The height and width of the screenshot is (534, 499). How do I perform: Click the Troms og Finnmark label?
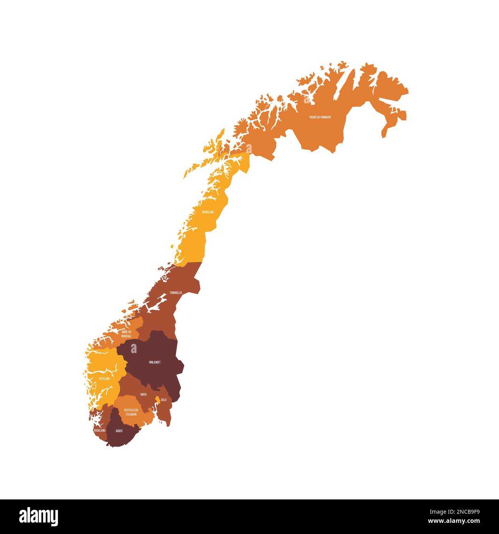pyautogui.click(x=320, y=117)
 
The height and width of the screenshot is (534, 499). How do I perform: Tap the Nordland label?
pyautogui.click(x=208, y=212)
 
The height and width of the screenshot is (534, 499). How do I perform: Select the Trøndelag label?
pyautogui.click(x=176, y=293)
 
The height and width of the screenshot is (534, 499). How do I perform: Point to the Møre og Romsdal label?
pyautogui.click(x=126, y=333)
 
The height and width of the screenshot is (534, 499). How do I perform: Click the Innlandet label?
pyautogui.click(x=154, y=362)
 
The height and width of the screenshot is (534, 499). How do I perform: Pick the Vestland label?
pyautogui.click(x=104, y=379)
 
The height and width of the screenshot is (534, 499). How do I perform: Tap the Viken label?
pyautogui.click(x=143, y=395)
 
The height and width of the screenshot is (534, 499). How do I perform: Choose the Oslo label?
pyautogui.click(x=164, y=400)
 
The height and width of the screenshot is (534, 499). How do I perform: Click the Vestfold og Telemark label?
pyautogui.click(x=131, y=412)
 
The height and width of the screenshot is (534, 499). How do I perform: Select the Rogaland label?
pyautogui.click(x=99, y=431)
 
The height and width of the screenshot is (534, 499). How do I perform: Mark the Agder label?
pyautogui.click(x=119, y=431)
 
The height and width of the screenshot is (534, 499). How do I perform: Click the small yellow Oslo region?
pyautogui.click(x=157, y=400)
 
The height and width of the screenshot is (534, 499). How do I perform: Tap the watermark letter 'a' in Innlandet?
pyautogui.click(x=134, y=348)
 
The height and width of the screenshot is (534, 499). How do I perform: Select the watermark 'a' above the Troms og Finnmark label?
pyautogui.click(x=306, y=100)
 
